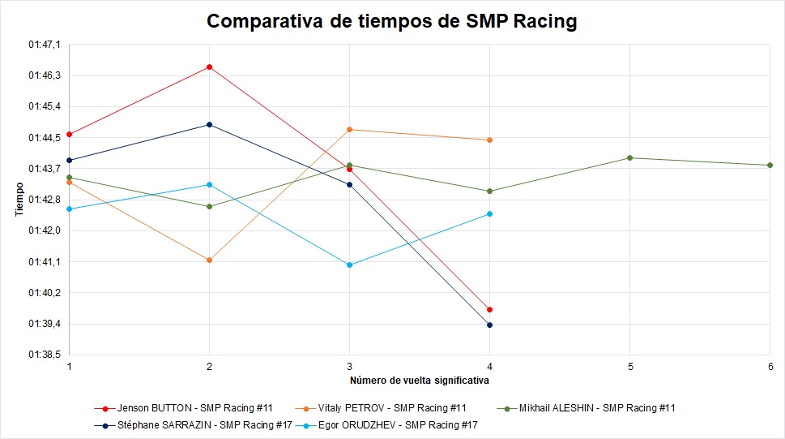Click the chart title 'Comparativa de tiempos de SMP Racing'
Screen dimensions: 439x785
tap(392, 21)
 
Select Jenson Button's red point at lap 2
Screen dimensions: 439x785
tap(210, 67)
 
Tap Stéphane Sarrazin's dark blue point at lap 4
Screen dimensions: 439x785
tap(489, 325)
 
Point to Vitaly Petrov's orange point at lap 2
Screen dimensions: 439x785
tap(210, 260)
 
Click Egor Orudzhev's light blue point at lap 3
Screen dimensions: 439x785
tap(349, 265)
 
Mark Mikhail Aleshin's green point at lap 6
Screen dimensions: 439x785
tap(770, 165)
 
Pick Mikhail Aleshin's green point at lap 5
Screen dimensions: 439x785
tap(629, 157)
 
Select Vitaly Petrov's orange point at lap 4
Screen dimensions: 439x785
tap(489, 140)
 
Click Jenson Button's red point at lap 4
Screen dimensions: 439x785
tap(489, 309)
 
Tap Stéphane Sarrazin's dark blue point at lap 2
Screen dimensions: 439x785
tap(210, 124)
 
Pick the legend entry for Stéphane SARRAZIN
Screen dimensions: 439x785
tap(193, 424)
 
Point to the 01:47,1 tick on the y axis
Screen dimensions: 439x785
tap(44, 45)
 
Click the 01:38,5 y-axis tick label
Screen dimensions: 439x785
tap(44, 355)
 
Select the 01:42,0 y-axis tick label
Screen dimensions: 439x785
tap(44, 230)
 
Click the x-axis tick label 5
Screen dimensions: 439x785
tap(629, 367)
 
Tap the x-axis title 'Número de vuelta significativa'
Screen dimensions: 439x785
tap(419, 380)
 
